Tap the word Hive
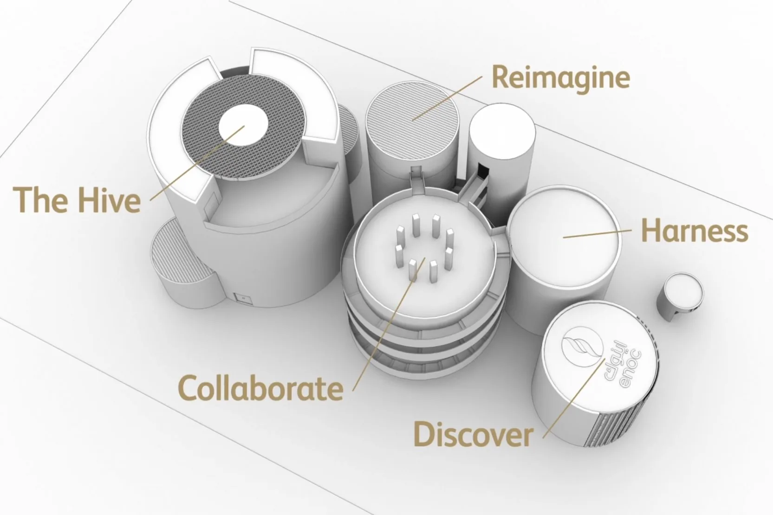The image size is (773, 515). point(109,200)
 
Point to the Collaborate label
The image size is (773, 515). point(260,388)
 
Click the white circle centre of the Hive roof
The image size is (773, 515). point(243,124)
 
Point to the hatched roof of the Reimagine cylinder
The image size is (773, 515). point(412,121)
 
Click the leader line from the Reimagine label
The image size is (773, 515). point(447,99)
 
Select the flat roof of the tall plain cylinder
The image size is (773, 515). point(502,131)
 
